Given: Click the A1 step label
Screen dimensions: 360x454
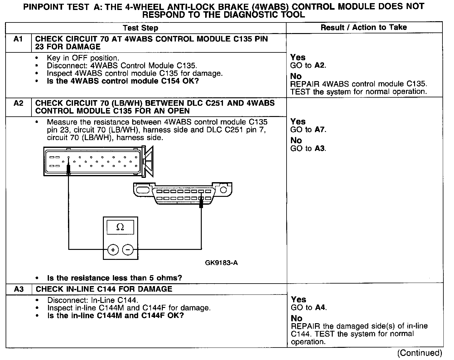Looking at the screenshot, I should point(18,39).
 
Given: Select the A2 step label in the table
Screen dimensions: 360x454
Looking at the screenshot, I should point(18,103).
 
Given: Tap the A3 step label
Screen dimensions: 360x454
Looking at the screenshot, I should point(19,289).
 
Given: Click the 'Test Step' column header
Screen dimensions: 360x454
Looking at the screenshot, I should point(140,28).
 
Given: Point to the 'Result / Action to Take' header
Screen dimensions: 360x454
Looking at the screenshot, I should point(364,27).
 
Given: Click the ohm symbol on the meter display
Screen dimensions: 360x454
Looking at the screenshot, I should point(120,227).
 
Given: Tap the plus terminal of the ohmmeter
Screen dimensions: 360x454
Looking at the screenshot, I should point(113,250).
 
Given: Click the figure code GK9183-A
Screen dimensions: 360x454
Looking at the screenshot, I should point(221,263).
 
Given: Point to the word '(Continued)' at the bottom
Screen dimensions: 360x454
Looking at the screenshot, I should point(419,353).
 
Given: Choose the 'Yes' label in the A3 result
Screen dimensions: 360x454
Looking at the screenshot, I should point(298,300).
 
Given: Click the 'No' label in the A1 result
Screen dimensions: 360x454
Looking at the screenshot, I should point(296,76).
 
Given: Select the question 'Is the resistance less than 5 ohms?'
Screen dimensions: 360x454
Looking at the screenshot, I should point(114,278).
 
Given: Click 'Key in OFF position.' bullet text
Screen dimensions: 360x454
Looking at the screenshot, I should point(83,58).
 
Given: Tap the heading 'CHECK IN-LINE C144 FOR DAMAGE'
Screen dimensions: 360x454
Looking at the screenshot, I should point(104,289).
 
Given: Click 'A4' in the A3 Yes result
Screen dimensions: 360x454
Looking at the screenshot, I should point(320,308).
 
